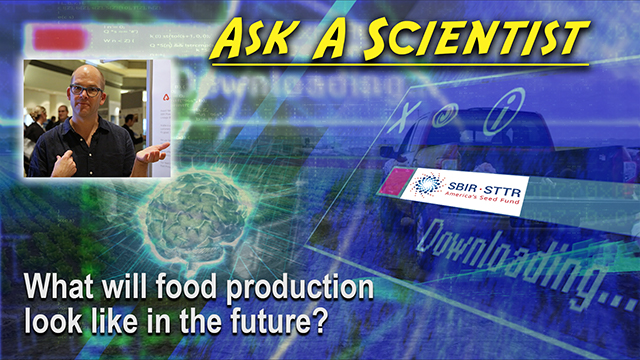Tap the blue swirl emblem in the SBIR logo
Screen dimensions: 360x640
(x=432, y=187)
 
